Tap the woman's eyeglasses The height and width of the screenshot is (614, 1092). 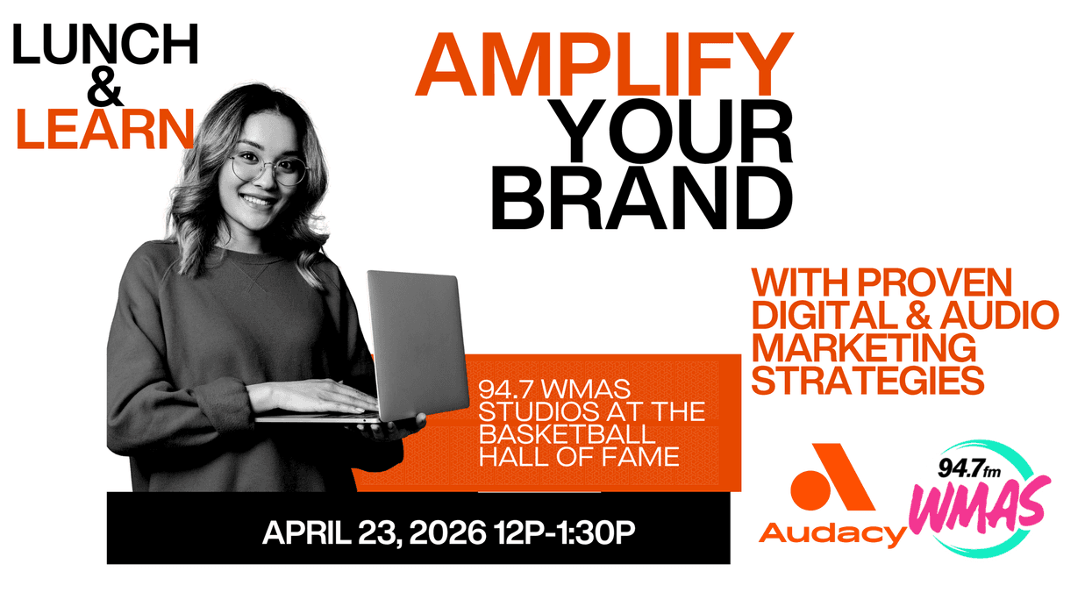pyautogui.click(x=268, y=168)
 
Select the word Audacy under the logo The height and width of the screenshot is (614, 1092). pyautogui.click(x=831, y=532)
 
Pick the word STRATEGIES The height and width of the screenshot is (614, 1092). pyautogui.click(x=867, y=381)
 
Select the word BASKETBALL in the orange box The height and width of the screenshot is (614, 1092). pyautogui.click(x=566, y=434)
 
